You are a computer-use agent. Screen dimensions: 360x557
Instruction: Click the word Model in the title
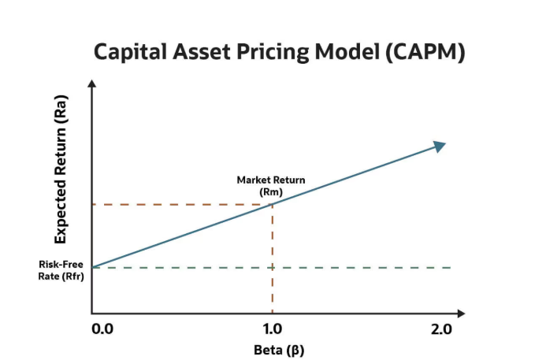point(333,52)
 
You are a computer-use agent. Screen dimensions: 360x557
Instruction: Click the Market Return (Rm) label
point(271,185)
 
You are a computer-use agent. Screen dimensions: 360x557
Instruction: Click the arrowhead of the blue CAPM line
point(440,146)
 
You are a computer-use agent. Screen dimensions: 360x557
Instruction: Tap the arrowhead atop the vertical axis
point(93,84)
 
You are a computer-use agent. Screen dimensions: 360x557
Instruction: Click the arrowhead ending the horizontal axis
point(461,314)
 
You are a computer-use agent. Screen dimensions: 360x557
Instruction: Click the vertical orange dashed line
point(273,260)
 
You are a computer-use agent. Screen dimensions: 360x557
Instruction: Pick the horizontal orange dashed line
point(181,205)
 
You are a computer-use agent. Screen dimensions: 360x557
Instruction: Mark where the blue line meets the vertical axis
point(93,267)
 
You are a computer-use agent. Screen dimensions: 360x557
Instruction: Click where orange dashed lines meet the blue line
point(273,204)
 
